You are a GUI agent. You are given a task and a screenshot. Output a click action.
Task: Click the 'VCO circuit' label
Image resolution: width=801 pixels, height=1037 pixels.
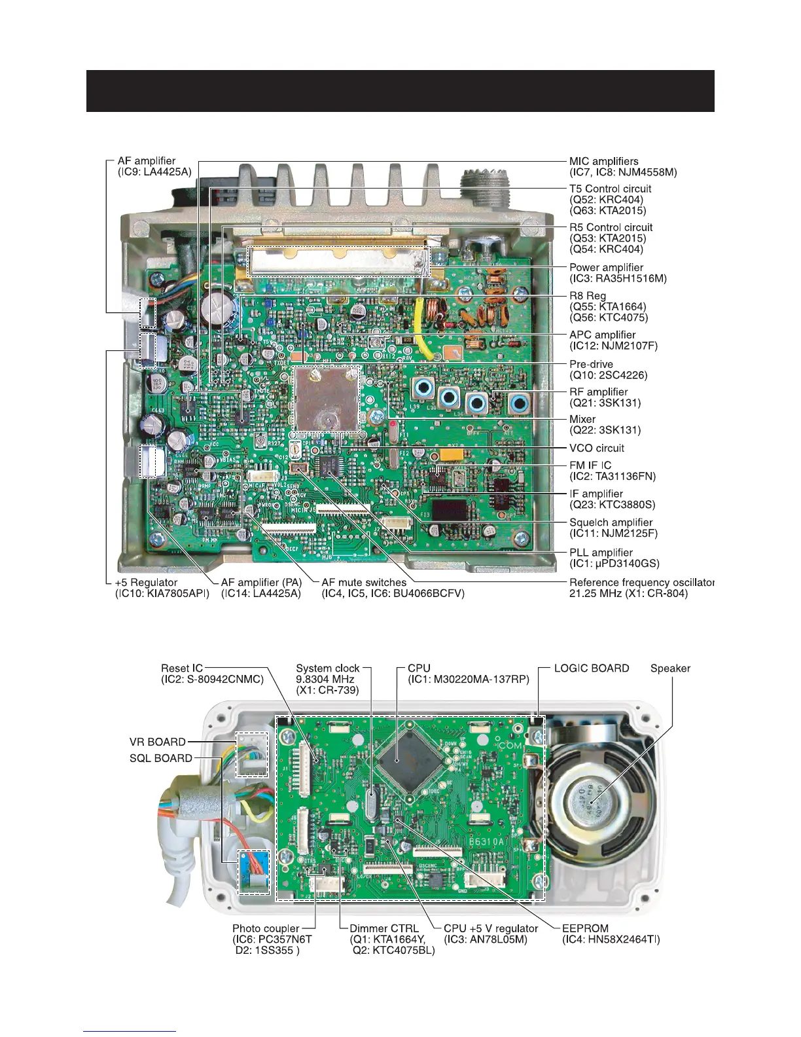(x=596, y=448)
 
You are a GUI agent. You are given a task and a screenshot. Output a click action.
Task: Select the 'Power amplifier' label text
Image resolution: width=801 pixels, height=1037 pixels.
(x=606, y=267)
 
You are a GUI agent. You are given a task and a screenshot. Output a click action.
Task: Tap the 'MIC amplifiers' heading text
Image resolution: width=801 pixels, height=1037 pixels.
(x=603, y=161)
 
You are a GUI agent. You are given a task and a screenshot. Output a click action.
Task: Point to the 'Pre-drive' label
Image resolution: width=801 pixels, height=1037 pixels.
(x=591, y=364)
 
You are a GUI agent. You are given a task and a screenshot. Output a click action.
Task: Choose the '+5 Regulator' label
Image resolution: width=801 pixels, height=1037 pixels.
(x=146, y=582)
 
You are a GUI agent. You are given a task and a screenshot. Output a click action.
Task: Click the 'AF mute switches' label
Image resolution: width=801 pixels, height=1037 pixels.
(x=363, y=582)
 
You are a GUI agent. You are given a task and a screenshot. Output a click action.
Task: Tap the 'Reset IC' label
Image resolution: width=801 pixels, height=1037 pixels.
(x=178, y=668)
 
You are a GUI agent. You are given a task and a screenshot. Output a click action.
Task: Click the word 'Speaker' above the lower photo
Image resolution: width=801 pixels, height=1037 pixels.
(x=670, y=668)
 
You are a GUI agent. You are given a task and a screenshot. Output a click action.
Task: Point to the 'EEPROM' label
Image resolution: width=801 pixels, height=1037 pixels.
(x=585, y=928)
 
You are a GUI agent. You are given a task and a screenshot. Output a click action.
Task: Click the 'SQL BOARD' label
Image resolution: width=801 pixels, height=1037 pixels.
(x=161, y=758)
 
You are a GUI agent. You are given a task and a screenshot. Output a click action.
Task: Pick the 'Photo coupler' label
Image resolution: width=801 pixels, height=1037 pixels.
(x=266, y=928)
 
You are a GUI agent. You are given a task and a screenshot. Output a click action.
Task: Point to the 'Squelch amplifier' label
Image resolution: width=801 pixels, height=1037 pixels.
(x=611, y=522)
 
